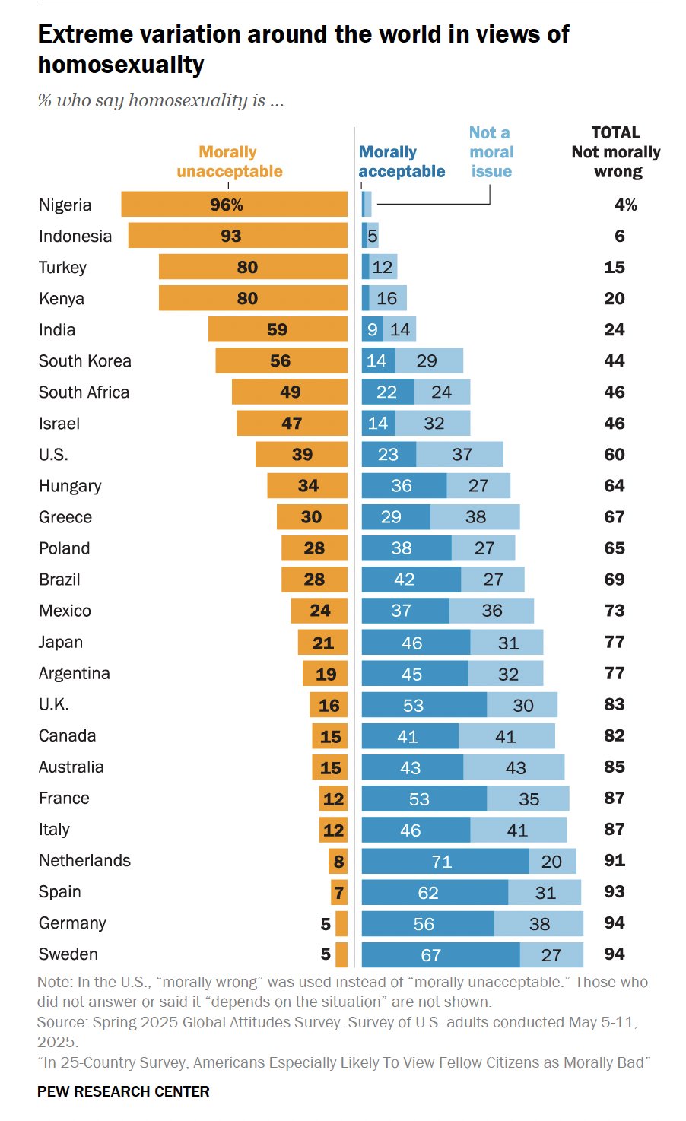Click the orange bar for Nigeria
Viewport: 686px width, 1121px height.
coord(234,205)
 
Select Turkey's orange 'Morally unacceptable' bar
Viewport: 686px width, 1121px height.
coord(252,267)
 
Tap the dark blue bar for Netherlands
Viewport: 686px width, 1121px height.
coord(445,861)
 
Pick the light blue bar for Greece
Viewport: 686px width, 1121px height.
coord(475,517)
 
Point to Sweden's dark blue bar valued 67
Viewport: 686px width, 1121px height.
coord(440,954)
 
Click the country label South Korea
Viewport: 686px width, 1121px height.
coord(85,361)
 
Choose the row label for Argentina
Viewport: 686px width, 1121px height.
coord(75,673)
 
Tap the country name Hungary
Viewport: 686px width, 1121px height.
coord(70,486)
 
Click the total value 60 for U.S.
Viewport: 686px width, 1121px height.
coord(615,455)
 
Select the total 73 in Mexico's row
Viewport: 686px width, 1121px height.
coord(615,611)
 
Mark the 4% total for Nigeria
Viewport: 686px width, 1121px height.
coord(625,205)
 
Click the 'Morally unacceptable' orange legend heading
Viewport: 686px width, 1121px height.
coord(229,162)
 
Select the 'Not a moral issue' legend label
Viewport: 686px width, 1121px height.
coord(491,152)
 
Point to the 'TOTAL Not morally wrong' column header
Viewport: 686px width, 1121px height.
coord(616,152)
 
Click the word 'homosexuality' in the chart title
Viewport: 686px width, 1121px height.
coord(121,65)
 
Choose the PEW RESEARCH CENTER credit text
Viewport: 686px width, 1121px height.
coord(123,1091)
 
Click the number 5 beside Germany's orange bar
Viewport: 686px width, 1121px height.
coord(326,923)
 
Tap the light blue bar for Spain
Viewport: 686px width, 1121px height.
coord(545,892)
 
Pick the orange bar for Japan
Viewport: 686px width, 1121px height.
coord(322,643)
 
